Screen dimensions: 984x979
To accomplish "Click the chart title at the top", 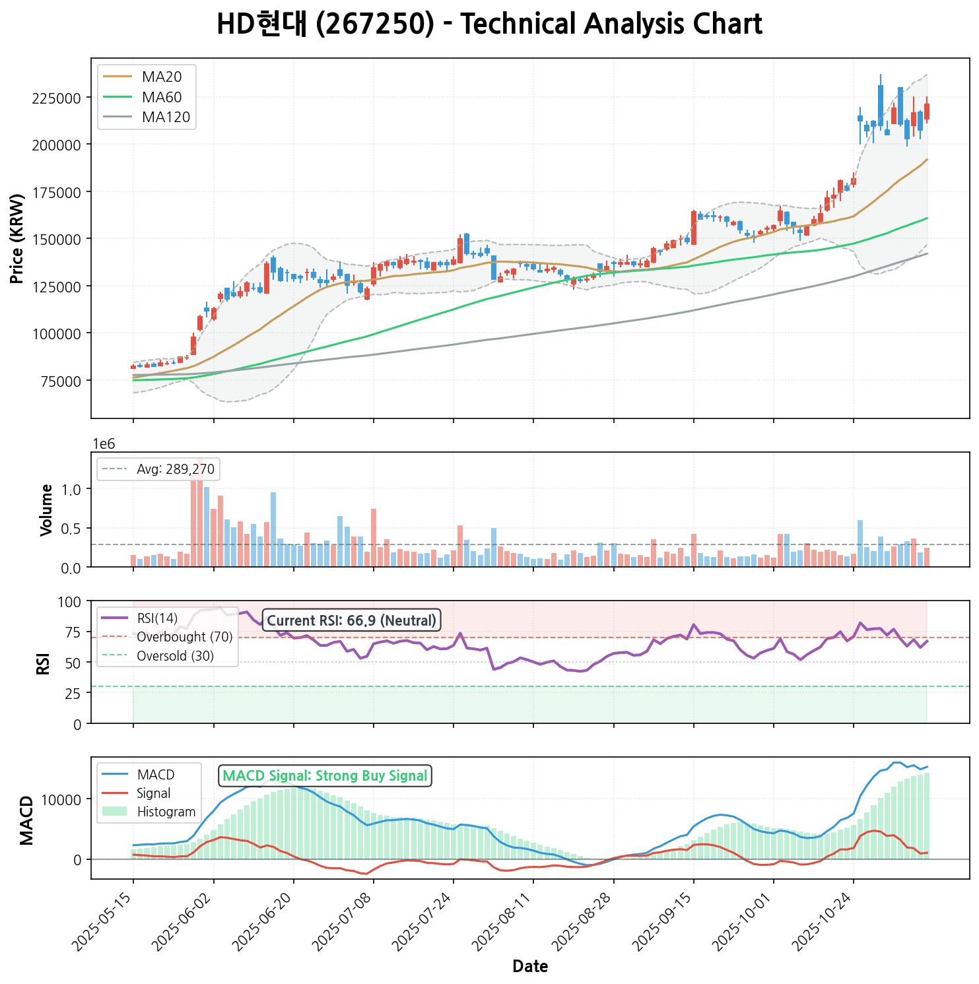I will [489, 24].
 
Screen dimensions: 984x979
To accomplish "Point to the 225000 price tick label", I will [56, 98].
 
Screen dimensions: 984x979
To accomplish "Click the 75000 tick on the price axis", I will [59, 381].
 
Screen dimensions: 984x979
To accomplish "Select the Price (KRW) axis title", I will [18, 238].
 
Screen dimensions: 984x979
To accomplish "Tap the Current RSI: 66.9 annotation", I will [351, 620].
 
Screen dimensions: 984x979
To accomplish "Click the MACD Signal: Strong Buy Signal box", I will [325, 775].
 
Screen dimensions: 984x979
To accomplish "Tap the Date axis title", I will [530, 966].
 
